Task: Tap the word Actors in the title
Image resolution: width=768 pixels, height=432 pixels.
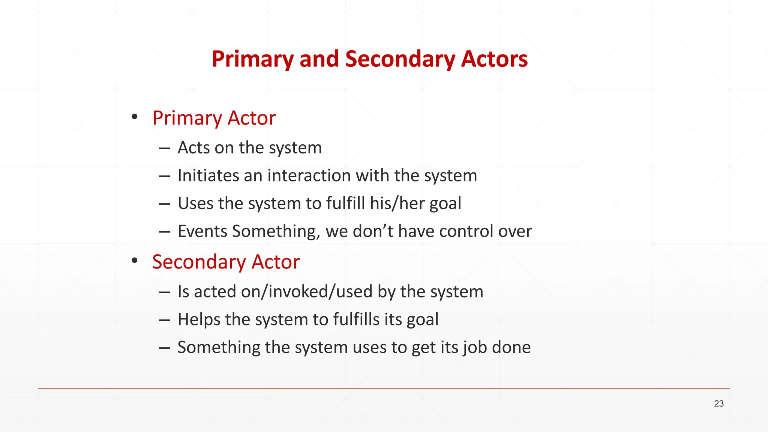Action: coord(494,59)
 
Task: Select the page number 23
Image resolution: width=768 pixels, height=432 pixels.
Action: coord(718,403)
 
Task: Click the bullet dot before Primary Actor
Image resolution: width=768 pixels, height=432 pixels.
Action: coord(135,117)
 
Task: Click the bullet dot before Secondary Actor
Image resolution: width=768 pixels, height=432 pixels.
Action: coord(135,260)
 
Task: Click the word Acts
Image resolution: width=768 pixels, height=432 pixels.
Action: coord(193,148)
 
